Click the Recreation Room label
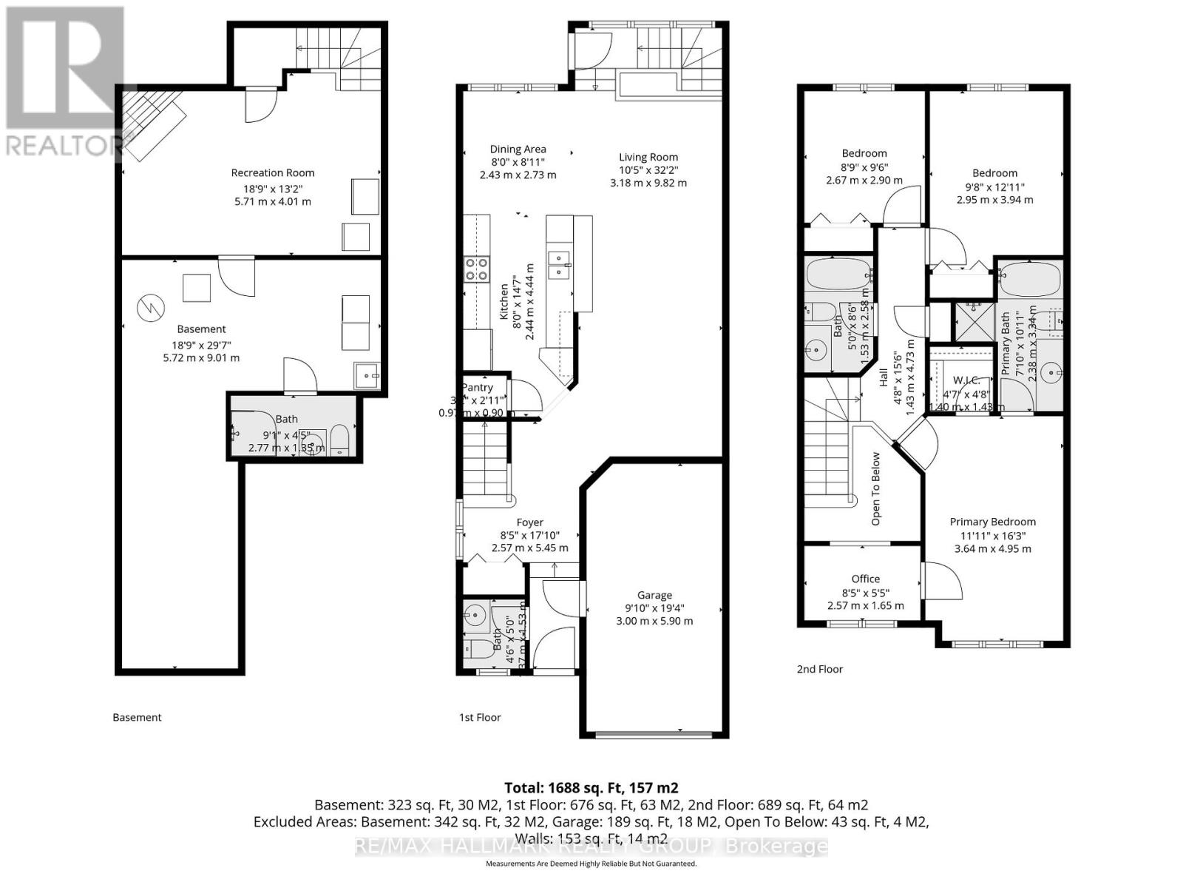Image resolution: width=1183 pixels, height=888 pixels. pyautogui.click(x=273, y=173)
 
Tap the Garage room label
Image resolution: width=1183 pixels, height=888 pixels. pyautogui.click(x=654, y=595)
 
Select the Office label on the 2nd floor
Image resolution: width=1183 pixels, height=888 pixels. pyautogui.click(x=865, y=579)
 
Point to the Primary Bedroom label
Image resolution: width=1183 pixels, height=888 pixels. pyautogui.click(x=992, y=522)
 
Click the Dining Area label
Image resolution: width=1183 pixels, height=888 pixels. pyautogui.click(x=518, y=149)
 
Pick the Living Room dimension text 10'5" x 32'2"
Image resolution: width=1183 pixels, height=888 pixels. pyautogui.click(x=648, y=169)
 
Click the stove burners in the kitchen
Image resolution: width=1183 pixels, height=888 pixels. pyautogui.click(x=476, y=269)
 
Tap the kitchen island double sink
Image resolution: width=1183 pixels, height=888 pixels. pyautogui.click(x=559, y=264)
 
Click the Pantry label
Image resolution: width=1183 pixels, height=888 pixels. pyautogui.click(x=478, y=387)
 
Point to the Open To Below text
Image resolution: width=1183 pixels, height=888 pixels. pyautogui.click(x=876, y=488)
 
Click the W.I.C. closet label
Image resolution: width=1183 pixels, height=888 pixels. pyautogui.click(x=966, y=380)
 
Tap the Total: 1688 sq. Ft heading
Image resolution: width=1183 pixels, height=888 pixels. pyautogui.click(x=591, y=787)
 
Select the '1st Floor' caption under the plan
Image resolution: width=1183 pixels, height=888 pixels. pyautogui.click(x=480, y=717)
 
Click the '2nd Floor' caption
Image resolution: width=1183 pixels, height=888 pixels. pyautogui.click(x=819, y=669)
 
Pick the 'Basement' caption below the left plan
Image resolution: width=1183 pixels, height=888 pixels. pyautogui.click(x=137, y=717)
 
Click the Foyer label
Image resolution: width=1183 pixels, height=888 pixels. pyautogui.click(x=529, y=522)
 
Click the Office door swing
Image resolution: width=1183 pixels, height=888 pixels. pyautogui.click(x=940, y=581)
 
